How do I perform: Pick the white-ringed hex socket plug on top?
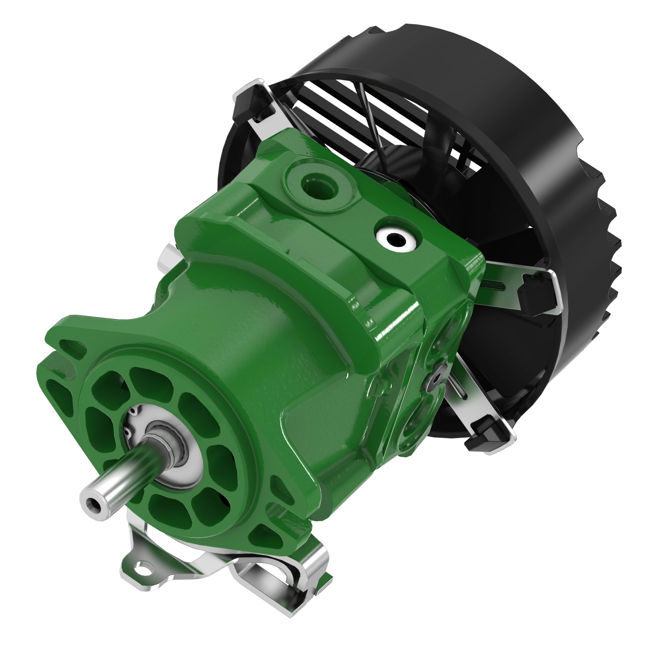(x=398, y=239)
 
